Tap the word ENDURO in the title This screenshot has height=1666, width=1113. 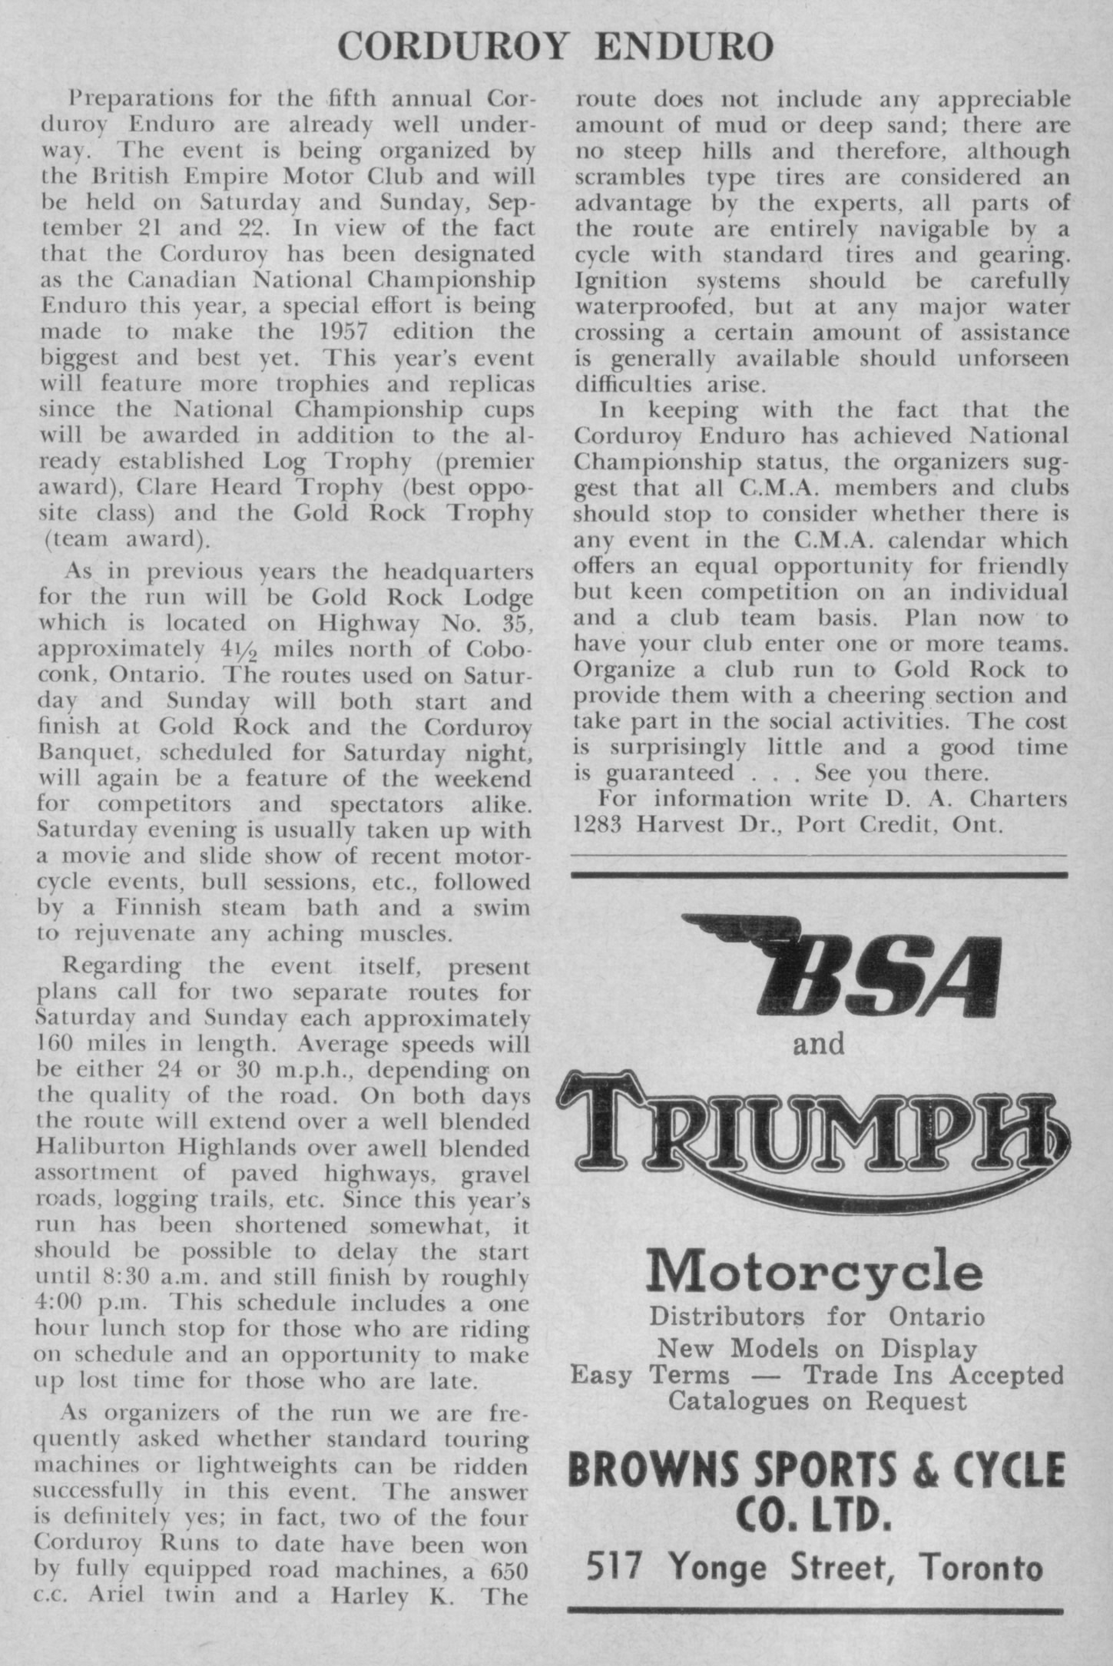(684, 47)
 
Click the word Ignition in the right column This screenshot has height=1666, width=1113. (611, 280)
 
